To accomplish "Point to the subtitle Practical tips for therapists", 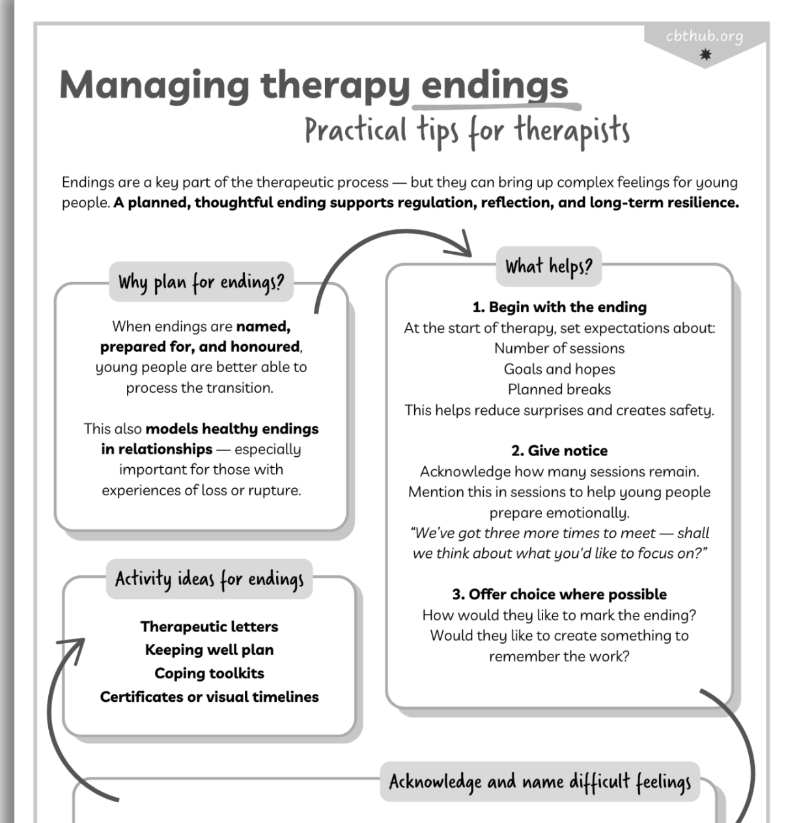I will coord(467,130).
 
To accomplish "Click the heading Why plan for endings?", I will coord(201,283).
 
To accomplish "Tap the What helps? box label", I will coord(548,267).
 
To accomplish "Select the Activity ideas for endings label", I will coord(209,579).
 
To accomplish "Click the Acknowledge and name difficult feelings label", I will coord(540,781).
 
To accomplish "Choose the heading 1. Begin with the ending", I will coord(559,307).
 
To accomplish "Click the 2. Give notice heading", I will coord(559,450).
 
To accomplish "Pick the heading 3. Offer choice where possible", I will coord(559,594).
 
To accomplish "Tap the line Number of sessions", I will coord(559,348).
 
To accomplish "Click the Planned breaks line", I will coord(559,389).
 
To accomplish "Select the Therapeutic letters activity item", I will coord(209,626).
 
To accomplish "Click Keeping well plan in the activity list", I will coord(209,650).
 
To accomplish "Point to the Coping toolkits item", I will coord(209,673).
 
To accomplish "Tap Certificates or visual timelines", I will coord(209,697).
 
